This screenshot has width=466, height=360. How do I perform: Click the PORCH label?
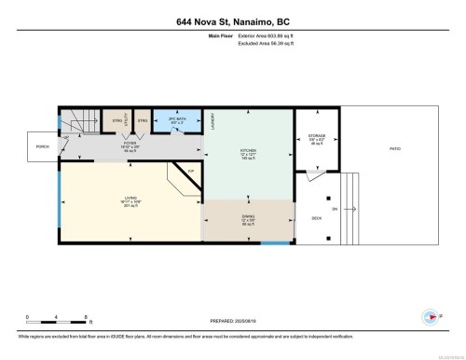pyautogui.click(x=42, y=147)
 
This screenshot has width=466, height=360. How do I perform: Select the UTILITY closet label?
pyautogui.click(x=127, y=118)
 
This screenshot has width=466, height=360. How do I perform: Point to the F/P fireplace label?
pyautogui.click(x=190, y=171)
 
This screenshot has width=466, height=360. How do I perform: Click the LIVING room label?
pyautogui.click(x=130, y=197)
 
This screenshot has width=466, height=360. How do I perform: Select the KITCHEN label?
pyautogui.click(x=249, y=153)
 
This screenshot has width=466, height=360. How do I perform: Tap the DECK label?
pyautogui.click(x=316, y=218)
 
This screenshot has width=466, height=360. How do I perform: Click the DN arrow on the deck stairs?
pyautogui.click(x=336, y=208)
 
